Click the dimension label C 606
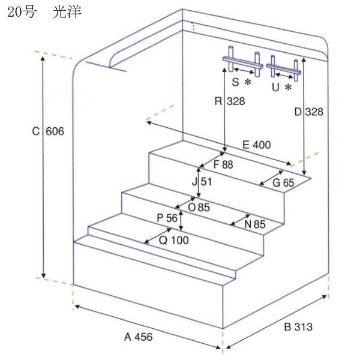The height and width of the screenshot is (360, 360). [48, 131]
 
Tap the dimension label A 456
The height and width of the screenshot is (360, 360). [138, 337]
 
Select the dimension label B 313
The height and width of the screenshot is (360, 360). [298, 327]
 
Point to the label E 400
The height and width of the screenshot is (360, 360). [257, 145]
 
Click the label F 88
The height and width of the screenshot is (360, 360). [223, 164]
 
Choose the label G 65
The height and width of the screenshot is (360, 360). [283, 183]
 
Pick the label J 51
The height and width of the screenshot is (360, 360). [202, 182]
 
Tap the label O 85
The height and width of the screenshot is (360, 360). [199, 208]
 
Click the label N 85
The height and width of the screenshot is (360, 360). [255, 224]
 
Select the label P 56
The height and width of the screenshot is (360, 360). [167, 218]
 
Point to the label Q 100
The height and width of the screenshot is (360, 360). [174, 241]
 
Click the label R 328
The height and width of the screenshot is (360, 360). [230, 101]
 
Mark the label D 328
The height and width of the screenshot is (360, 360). [309, 112]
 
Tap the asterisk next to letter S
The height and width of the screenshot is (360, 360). [248, 82]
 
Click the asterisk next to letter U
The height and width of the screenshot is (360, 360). [288, 87]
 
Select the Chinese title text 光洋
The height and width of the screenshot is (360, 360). [67, 12]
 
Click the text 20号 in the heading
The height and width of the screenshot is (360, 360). [22, 12]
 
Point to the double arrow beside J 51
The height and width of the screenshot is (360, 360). [199, 182]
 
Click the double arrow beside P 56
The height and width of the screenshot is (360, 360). [181, 220]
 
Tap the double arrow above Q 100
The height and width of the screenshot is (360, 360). [158, 236]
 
